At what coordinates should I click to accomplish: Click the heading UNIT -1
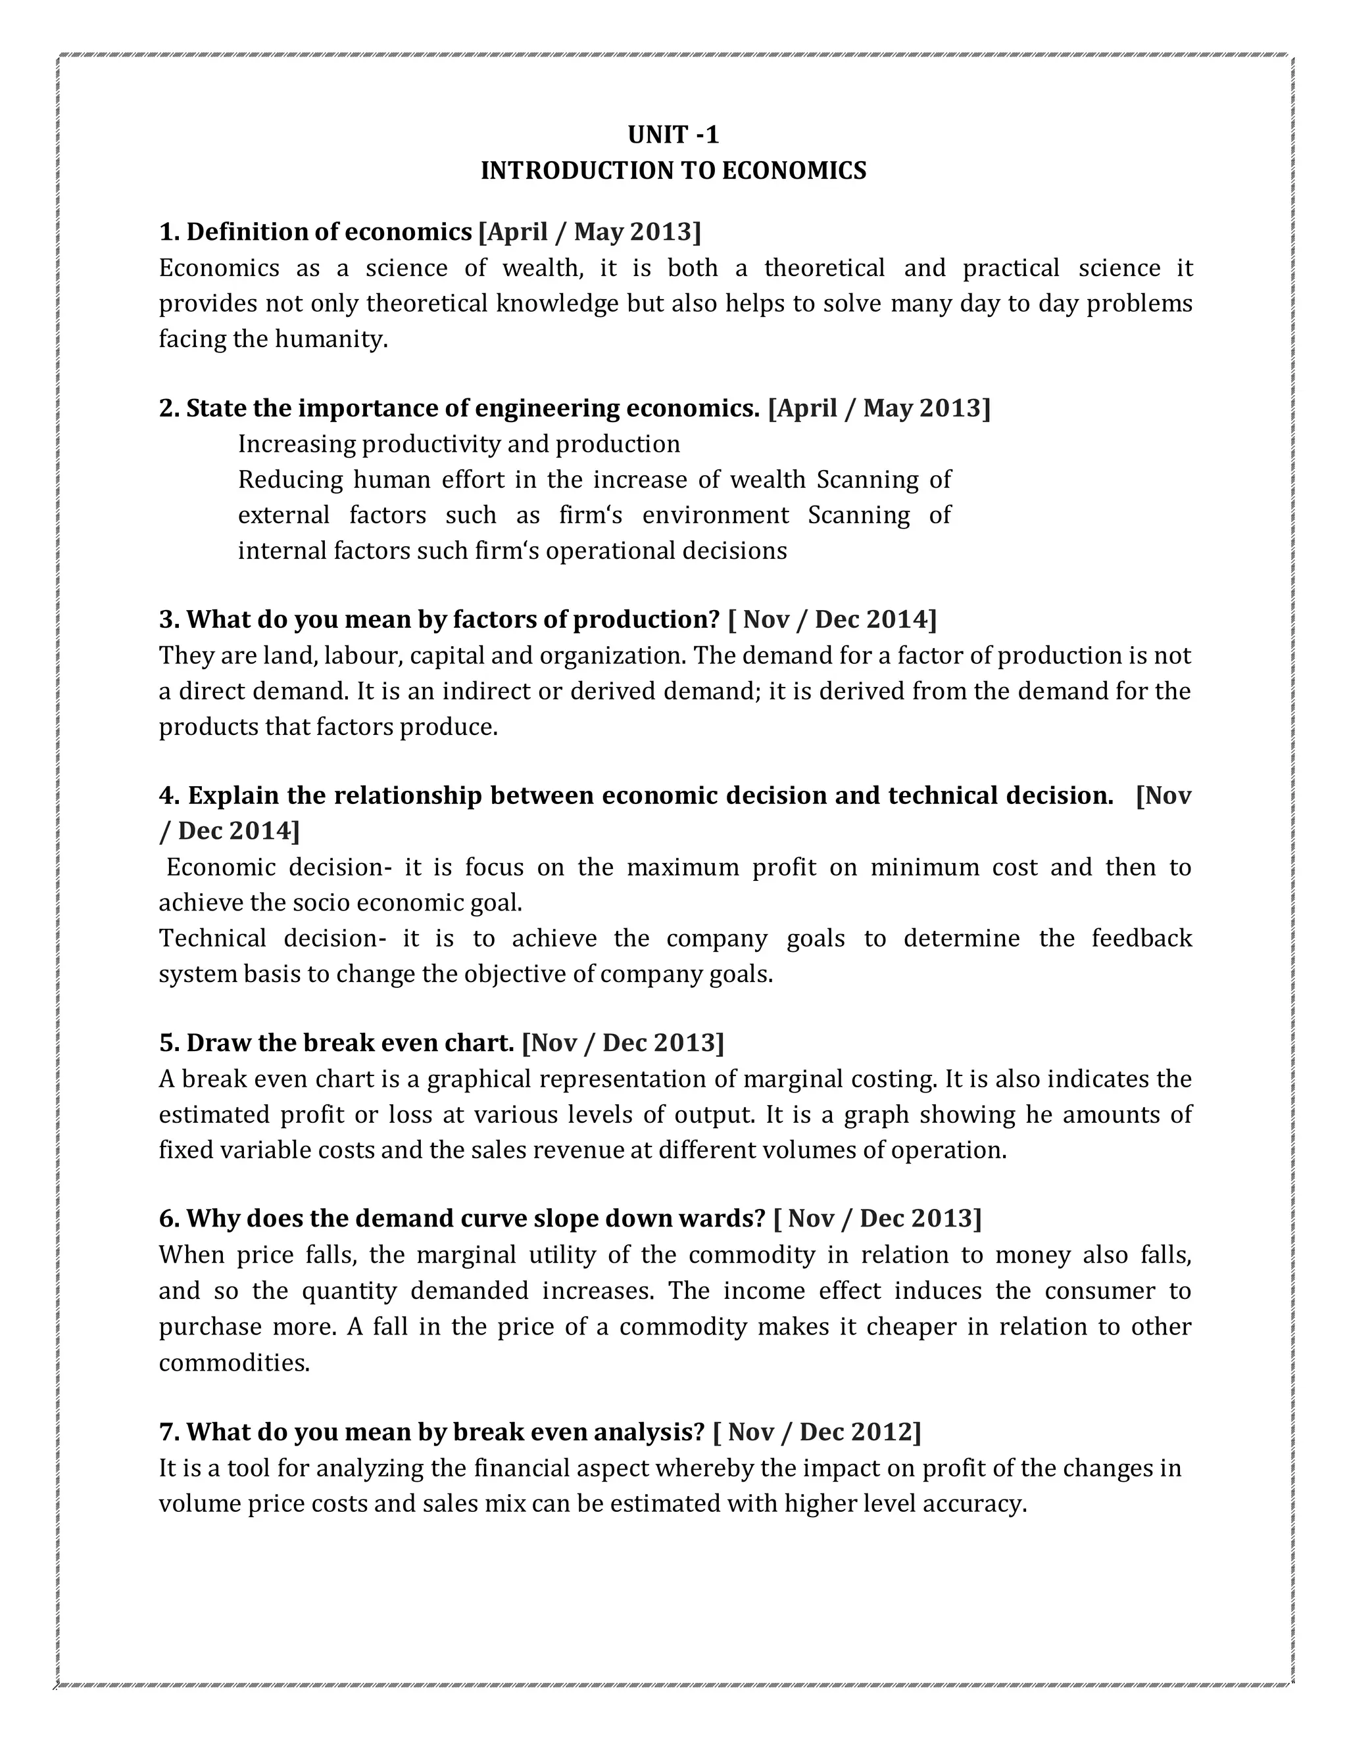[x=673, y=135]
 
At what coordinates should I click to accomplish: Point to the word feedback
[x=1141, y=938]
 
